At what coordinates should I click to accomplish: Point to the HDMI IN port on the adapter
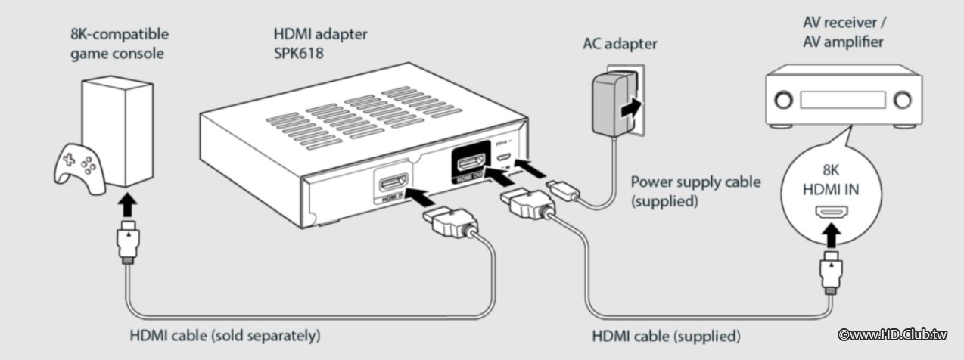point(393,187)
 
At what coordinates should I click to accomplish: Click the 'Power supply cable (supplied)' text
point(695,191)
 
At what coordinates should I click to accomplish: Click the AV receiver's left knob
point(782,98)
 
